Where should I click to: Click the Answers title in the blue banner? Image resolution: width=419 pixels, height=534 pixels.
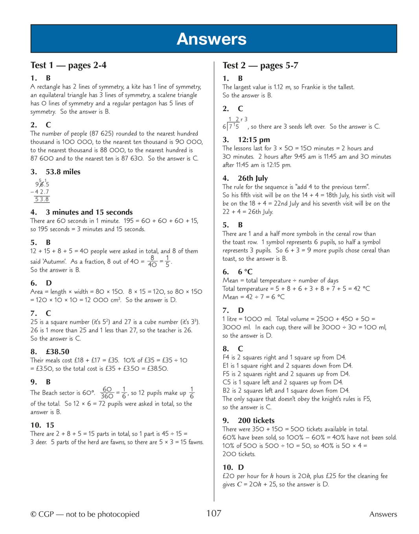tap(211, 39)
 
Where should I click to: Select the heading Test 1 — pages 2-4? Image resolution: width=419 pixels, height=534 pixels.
tap(68, 65)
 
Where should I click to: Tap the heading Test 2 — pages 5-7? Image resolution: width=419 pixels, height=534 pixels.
tap(260, 66)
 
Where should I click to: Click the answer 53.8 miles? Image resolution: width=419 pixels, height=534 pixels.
tap(63, 172)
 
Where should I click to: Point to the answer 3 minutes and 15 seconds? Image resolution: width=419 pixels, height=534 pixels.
tap(89, 212)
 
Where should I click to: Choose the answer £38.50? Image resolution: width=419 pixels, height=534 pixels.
tap(57, 351)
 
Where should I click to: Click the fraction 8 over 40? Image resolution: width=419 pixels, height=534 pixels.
tap(152, 261)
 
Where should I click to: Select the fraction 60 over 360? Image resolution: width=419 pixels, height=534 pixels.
tap(107, 393)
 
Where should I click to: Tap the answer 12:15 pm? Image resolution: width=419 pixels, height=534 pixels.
tap(254, 139)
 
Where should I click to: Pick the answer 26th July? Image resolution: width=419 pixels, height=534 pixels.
tap(253, 178)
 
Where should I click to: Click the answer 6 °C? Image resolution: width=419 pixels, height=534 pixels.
tap(245, 272)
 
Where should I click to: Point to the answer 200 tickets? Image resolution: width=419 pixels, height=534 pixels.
tap(256, 420)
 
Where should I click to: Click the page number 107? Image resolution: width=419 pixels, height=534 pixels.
tap(214, 513)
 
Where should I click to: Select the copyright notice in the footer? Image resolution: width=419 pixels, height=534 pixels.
tap(85, 514)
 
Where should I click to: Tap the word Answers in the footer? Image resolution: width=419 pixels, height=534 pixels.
tap(383, 514)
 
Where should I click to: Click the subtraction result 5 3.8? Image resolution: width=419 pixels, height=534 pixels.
tap(42, 199)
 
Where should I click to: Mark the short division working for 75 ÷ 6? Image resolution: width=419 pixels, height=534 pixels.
tap(235, 123)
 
